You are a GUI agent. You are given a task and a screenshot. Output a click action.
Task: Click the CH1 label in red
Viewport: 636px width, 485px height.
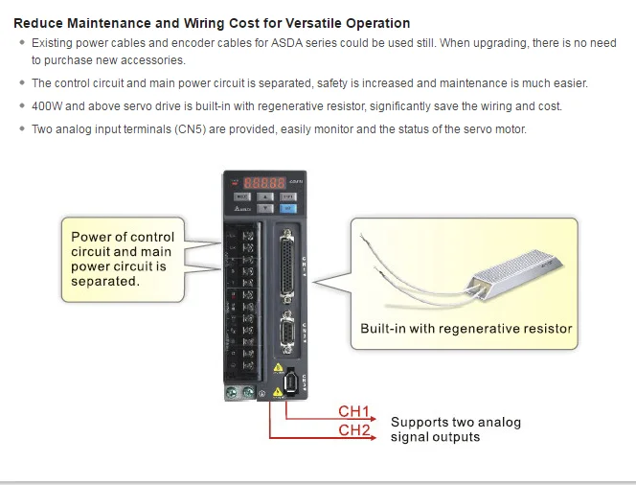point(354,412)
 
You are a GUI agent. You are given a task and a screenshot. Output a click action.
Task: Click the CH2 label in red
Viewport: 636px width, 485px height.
point(354,430)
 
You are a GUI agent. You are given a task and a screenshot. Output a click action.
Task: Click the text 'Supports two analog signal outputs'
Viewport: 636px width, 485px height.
point(455,429)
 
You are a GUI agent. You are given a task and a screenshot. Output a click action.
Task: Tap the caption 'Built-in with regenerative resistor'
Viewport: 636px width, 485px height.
point(466,329)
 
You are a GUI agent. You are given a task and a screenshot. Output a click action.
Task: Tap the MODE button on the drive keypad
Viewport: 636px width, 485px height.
point(240,196)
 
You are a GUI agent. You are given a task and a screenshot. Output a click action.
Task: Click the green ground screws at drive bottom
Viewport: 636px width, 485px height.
point(238,391)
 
